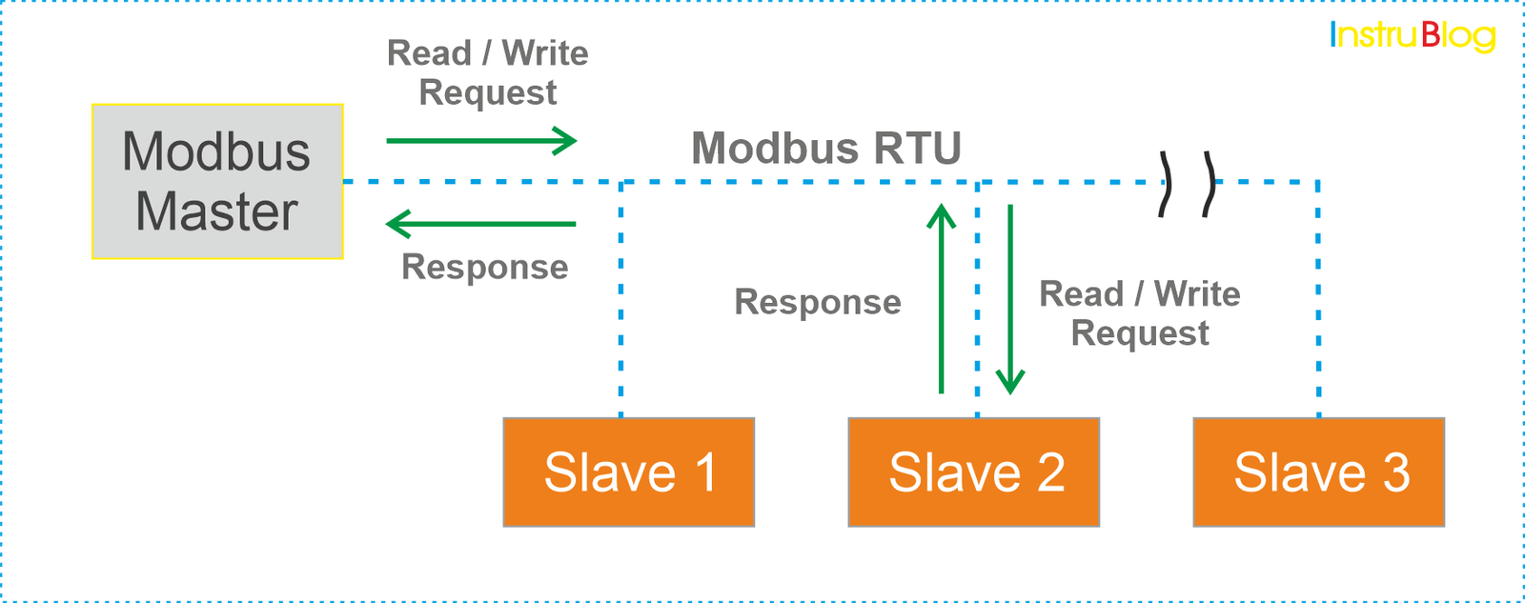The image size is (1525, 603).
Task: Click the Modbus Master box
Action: coord(217,181)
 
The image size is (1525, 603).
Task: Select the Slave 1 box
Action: coord(628,472)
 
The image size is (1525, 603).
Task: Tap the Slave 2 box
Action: coord(973,472)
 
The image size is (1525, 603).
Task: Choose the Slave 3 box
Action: coord(1318,472)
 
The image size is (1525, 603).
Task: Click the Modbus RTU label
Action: coord(825,149)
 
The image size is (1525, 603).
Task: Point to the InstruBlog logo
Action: coord(1413,36)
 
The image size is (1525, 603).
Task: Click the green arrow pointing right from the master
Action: coord(481,141)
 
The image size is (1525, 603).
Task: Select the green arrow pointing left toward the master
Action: coord(481,224)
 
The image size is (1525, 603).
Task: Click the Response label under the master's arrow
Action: coord(484,267)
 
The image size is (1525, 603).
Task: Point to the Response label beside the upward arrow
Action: coord(817,302)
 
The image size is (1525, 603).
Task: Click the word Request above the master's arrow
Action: coord(487,93)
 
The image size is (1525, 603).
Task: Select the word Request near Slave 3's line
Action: coord(1139,334)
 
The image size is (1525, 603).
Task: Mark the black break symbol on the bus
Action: coord(1187,183)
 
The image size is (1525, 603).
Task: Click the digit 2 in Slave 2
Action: coord(1050,472)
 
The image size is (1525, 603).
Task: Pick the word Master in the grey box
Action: coord(216,211)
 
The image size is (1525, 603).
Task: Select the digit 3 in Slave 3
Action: coord(1395,472)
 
